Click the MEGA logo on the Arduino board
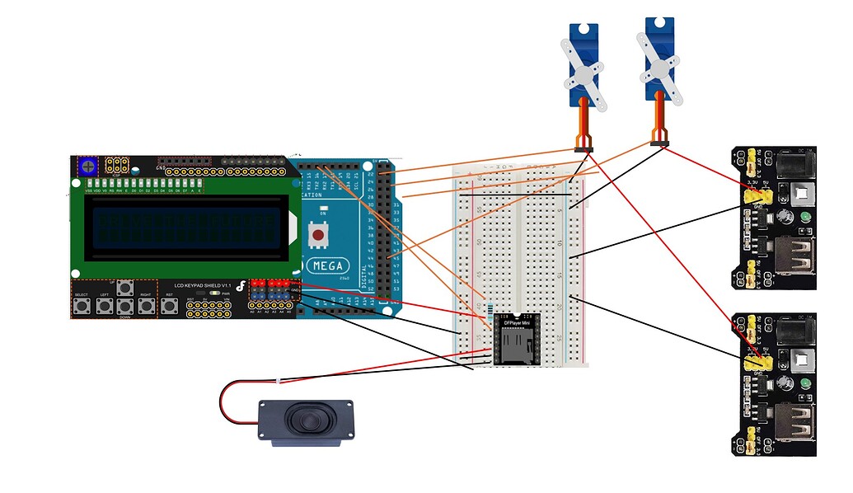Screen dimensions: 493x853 pyautogui.click(x=327, y=266)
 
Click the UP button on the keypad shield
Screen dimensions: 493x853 pyautogui.click(x=125, y=288)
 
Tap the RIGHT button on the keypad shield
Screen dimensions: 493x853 pyautogui.click(x=147, y=307)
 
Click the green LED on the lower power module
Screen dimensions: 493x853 pyautogui.click(x=804, y=383)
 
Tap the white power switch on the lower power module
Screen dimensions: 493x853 pyautogui.click(x=798, y=358)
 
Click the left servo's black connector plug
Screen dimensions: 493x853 pyautogui.click(x=584, y=149)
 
